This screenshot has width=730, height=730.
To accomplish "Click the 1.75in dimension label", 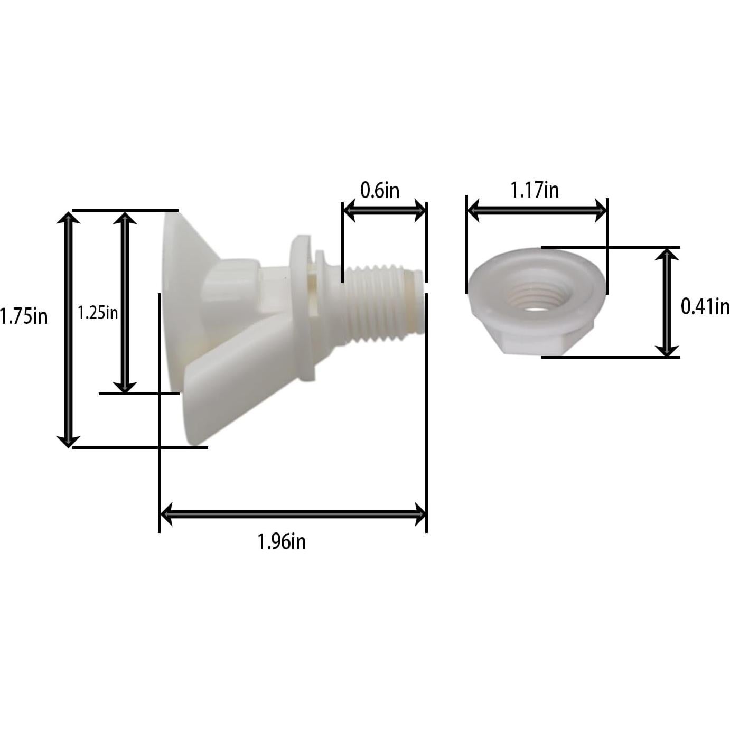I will tap(24, 316).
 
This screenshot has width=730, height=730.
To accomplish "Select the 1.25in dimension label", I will tap(98, 313).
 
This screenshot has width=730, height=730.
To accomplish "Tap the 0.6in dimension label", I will tap(380, 190).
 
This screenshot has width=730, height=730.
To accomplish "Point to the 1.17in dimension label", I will tap(535, 190).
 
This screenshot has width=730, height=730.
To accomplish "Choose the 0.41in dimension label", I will tap(705, 306).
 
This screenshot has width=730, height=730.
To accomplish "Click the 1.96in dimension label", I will tap(282, 542).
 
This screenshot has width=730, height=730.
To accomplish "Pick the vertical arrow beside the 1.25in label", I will tap(125, 303).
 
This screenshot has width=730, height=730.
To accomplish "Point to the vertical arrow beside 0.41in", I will tap(667, 302).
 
